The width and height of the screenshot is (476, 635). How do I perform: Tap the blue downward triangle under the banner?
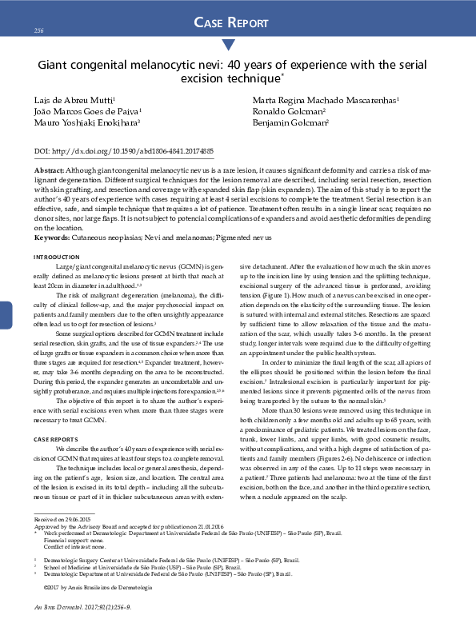click(228, 45)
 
